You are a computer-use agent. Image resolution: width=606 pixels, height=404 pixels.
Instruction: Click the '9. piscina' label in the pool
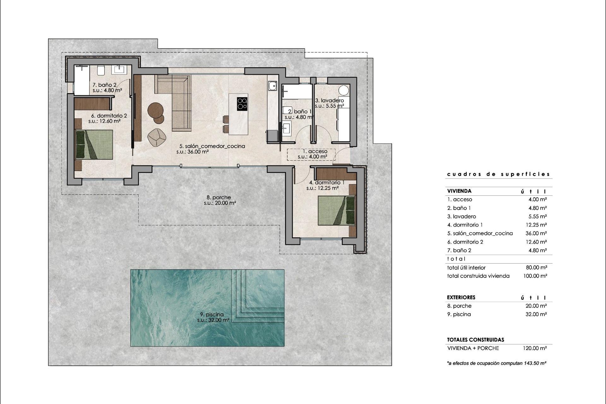pyautogui.click(x=212, y=314)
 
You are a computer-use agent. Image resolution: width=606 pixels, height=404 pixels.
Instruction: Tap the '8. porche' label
pyautogui.click(x=219, y=198)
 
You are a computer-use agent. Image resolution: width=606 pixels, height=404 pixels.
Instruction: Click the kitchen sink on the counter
pyautogui.click(x=272, y=86)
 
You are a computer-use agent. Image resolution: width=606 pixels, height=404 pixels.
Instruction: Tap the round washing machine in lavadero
pyautogui.click(x=344, y=91)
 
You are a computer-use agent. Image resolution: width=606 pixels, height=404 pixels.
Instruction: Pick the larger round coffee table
pyautogui.click(x=155, y=110)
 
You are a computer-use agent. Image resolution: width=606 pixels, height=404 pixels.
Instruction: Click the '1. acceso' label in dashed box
pyautogui.click(x=313, y=151)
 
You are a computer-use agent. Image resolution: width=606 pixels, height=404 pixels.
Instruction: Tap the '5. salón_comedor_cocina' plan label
pyautogui.click(x=212, y=146)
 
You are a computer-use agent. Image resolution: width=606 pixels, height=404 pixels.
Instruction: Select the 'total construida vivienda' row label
pyautogui.click(x=478, y=276)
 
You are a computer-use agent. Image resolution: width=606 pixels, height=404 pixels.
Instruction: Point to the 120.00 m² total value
pyautogui.click(x=535, y=348)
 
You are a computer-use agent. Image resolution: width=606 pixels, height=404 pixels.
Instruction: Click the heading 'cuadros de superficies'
pyautogui.click(x=498, y=174)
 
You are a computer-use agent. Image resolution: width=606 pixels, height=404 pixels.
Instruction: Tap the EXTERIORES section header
pyautogui.click(x=461, y=297)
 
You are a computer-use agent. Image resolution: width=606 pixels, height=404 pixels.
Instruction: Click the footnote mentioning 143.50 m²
pyautogui.click(x=496, y=363)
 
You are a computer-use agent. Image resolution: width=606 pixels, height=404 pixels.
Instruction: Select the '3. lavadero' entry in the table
pyautogui.click(x=461, y=217)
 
